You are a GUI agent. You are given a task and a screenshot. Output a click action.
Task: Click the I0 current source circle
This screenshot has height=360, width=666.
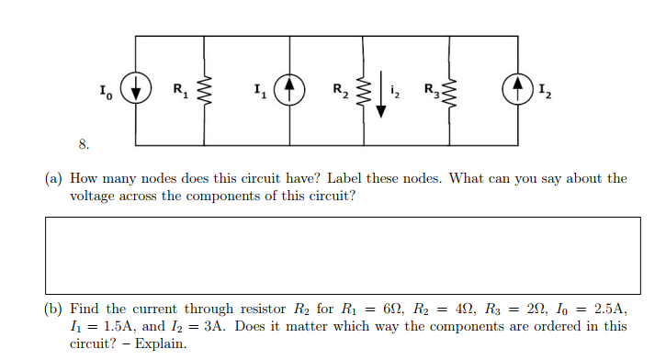tap(137, 91)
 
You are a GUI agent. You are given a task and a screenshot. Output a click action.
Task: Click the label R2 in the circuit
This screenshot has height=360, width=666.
tap(341, 91)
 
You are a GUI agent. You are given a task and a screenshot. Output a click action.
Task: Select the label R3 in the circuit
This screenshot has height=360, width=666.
tap(429, 91)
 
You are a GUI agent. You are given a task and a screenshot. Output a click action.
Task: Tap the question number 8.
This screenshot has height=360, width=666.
tap(83, 143)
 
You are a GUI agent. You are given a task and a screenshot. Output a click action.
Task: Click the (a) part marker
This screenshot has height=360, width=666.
tap(53, 179)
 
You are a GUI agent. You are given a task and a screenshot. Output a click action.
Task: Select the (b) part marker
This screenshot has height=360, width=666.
tap(53, 310)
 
